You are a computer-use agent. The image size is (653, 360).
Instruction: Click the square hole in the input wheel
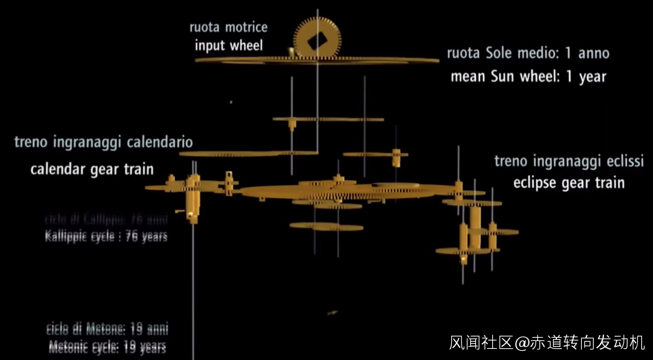click(317, 41)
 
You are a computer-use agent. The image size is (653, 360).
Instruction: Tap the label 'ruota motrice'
click(228, 27)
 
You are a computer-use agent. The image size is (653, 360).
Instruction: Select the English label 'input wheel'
click(229, 45)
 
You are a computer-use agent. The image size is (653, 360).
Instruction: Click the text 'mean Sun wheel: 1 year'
click(528, 76)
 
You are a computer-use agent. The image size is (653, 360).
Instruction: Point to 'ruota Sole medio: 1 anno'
click(528, 52)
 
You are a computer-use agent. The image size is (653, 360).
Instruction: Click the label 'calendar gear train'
click(92, 169)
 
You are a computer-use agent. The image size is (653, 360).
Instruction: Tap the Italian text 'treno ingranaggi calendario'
click(103, 142)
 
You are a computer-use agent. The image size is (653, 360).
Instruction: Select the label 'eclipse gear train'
click(568, 182)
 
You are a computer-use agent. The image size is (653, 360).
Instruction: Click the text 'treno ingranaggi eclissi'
click(569, 161)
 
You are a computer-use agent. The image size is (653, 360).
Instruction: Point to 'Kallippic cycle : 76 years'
click(106, 236)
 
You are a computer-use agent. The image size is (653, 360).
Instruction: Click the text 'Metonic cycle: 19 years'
click(107, 346)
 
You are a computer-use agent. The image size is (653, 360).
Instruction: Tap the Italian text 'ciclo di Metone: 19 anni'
click(107, 329)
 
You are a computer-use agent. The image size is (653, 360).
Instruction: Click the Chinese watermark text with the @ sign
click(547, 342)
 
